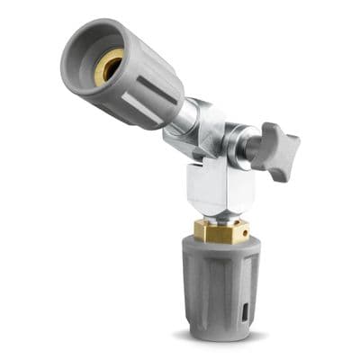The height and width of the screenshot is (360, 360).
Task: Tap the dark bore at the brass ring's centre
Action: (109, 65)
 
